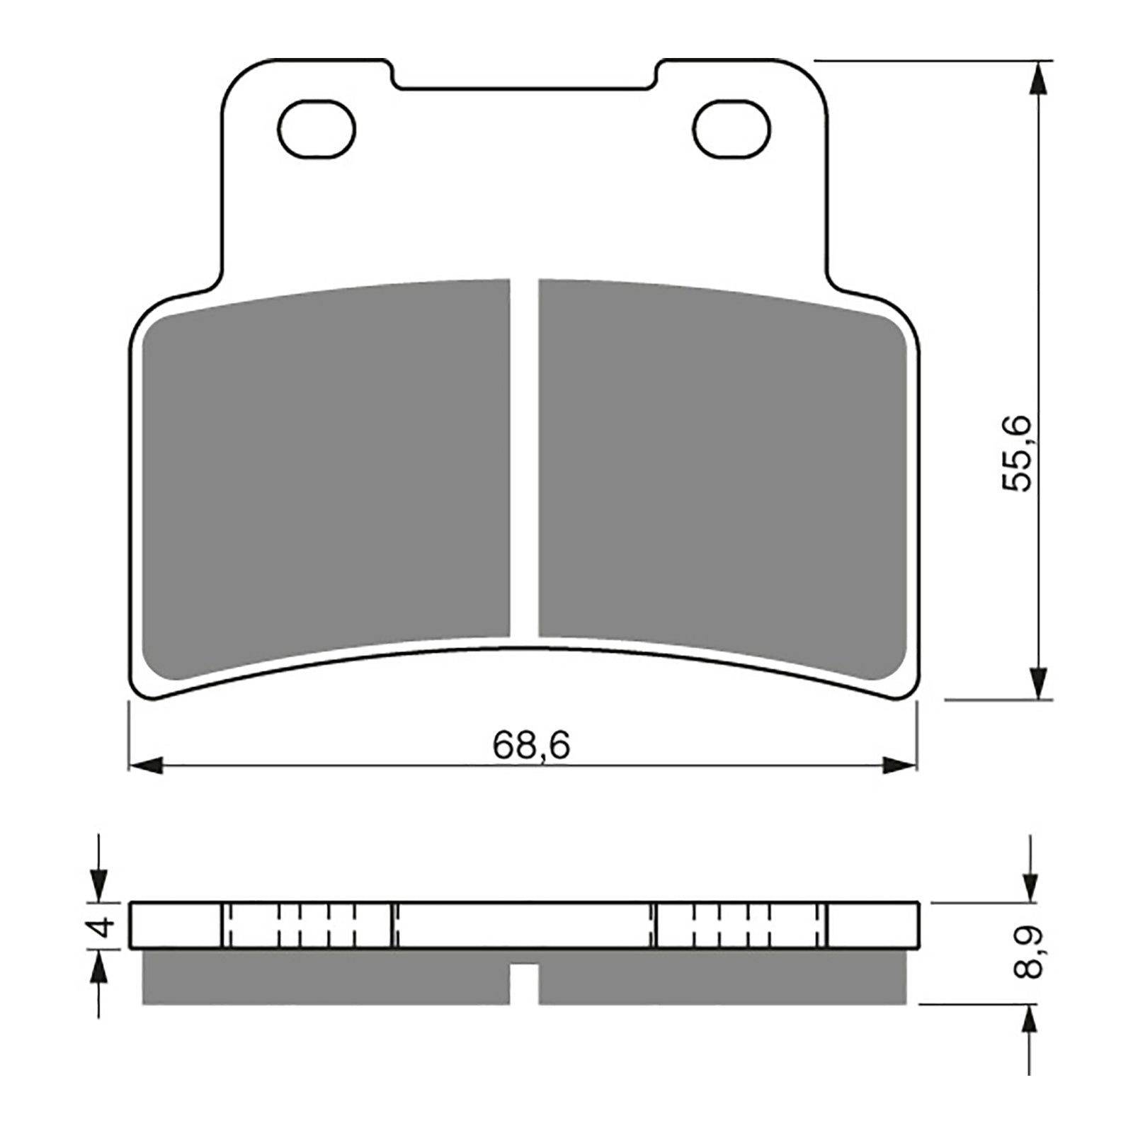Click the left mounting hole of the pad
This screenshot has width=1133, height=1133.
click(317, 129)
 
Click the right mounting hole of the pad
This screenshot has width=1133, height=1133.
click(731, 129)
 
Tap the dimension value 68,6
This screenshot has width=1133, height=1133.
click(531, 746)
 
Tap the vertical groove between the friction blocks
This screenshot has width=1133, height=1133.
click(524, 460)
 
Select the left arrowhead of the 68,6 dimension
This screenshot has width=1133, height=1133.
click(145, 765)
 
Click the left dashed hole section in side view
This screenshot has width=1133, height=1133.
click(307, 925)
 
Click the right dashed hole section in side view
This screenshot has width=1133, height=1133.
click(741, 925)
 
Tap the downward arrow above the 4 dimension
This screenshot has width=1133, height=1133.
click(98, 885)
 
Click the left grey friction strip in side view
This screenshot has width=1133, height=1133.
click(326, 977)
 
